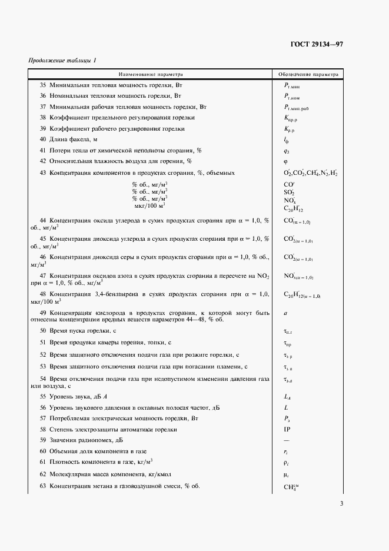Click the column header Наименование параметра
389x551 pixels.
pos(151,75)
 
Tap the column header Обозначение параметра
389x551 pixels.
pos(309,75)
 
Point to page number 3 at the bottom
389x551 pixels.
pos(341,503)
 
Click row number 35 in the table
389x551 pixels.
pos(43,86)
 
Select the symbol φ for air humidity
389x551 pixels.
pos(285,161)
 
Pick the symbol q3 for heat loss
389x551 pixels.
pos(286,150)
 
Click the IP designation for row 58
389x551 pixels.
pos(287,429)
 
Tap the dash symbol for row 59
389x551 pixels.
pos(287,440)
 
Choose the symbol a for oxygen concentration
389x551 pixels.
pos(285,315)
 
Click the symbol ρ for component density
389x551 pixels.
pos(286,462)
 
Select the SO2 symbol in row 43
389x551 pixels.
pos(289,192)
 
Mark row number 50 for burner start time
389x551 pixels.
pos(43,331)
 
